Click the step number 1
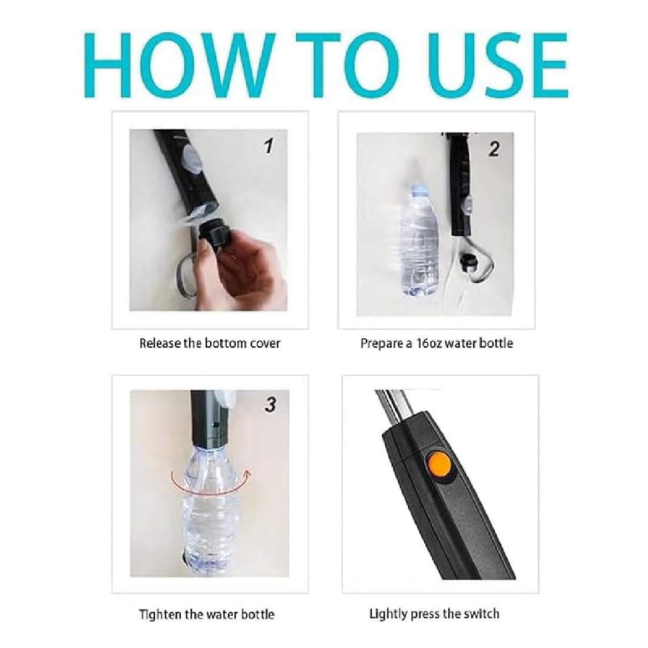[x=269, y=146]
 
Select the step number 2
[x=494, y=149]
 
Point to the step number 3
[x=270, y=405]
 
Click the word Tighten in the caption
[x=160, y=614]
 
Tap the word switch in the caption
[x=481, y=614]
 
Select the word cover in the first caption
[x=266, y=344]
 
